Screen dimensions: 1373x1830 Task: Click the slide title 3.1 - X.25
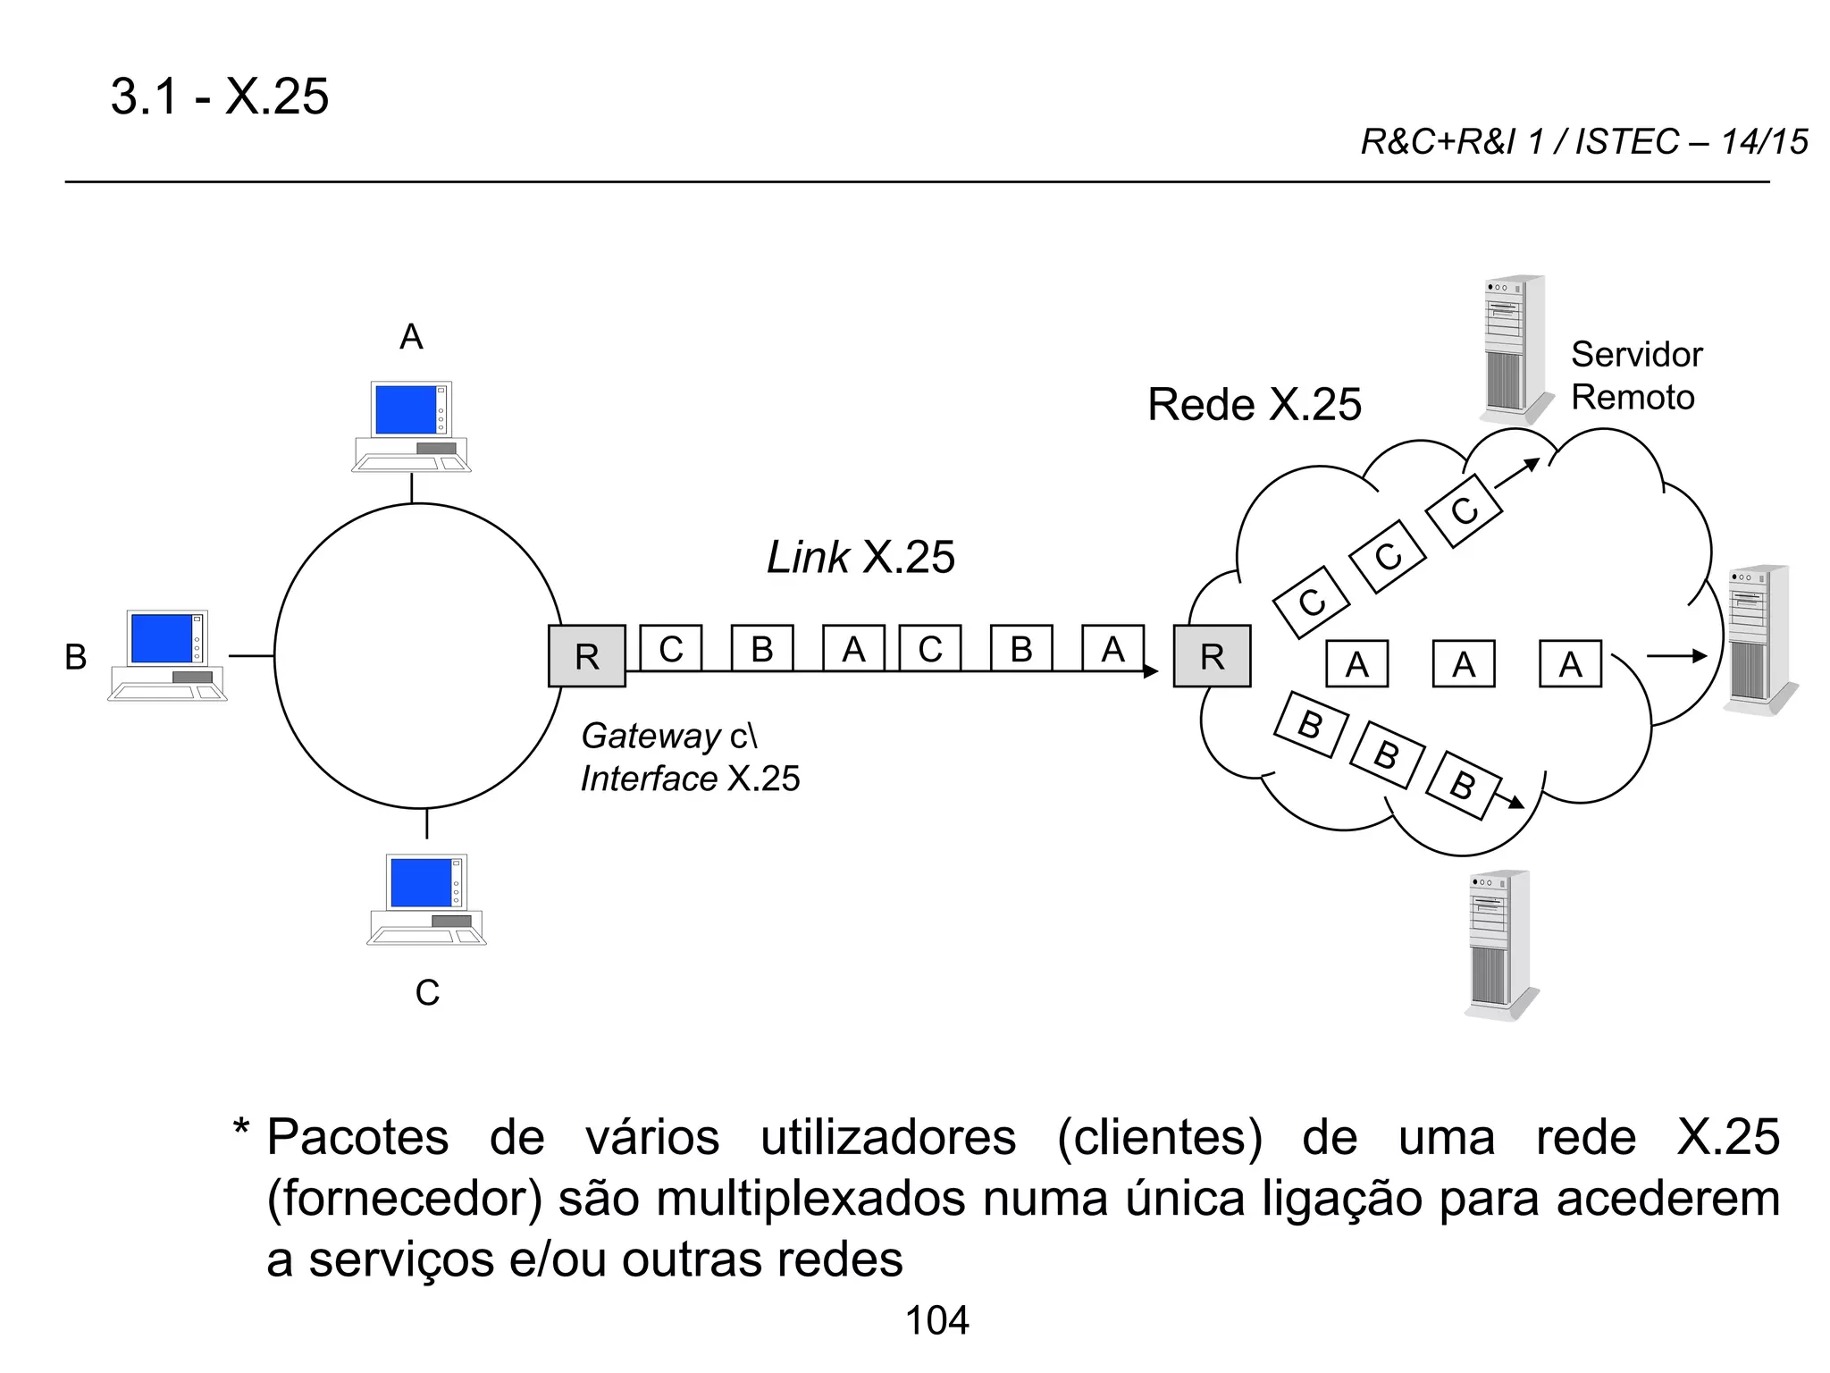pyautogui.click(x=219, y=97)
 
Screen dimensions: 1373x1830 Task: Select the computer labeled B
pyautogui.click(x=168, y=655)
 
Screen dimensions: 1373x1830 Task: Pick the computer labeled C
pyautogui.click(x=426, y=898)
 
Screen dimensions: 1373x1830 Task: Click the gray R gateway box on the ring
pyautogui.click(x=587, y=656)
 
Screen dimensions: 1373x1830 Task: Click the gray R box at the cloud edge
pyautogui.click(x=1212, y=656)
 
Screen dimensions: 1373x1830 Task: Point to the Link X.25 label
pyautogui.click(x=860, y=557)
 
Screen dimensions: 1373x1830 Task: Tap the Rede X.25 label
pyautogui.click(x=1254, y=404)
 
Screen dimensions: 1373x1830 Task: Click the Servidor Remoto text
pyautogui.click(x=1636, y=375)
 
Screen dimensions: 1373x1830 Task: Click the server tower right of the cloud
pyautogui.click(x=1759, y=639)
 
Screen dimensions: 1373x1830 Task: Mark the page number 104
pyautogui.click(x=936, y=1320)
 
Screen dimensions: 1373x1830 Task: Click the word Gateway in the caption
pyautogui.click(x=651, y=736)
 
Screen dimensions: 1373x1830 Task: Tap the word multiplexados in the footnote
pyautogui.click(x=810, y=1198)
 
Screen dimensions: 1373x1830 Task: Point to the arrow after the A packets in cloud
pyautogui.click(x=1676, y=656)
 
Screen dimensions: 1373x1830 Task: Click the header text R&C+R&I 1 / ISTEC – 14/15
pyautogui.click(x=1583, y=142)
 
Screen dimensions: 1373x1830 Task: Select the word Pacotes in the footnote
pyautogui.click(x=357, y=1138)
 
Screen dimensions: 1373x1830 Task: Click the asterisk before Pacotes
pyautogui.click(x=241, y=1128)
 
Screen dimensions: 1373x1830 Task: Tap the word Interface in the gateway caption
pyautogui.click(x=649, y=779)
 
